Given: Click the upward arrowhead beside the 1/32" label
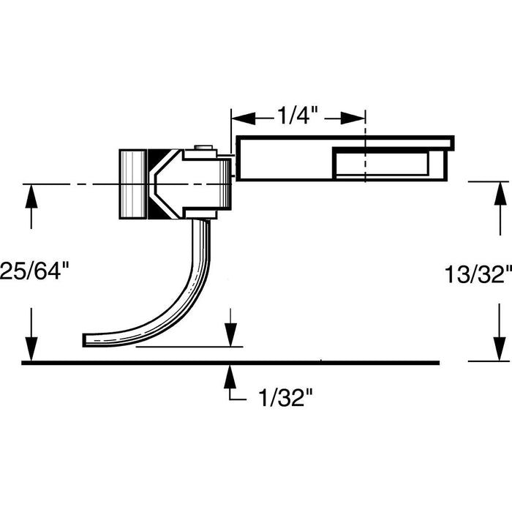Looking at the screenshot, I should click(230, 374).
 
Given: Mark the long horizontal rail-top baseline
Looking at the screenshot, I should click(230, 362).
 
